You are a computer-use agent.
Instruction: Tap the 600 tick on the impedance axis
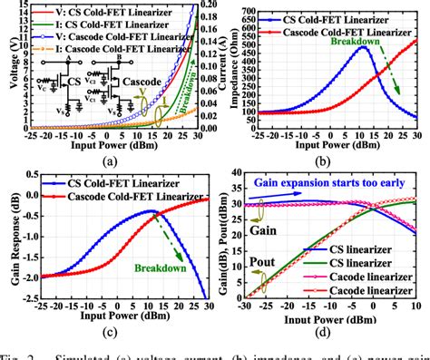pos(240,5)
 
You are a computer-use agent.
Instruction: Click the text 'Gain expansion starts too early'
pos(335,181)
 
